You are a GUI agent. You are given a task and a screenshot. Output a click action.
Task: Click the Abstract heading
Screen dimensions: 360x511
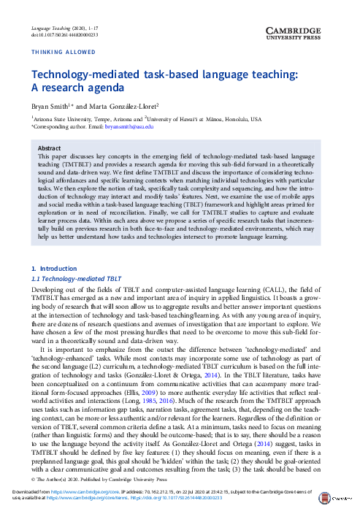tap(50, 147)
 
